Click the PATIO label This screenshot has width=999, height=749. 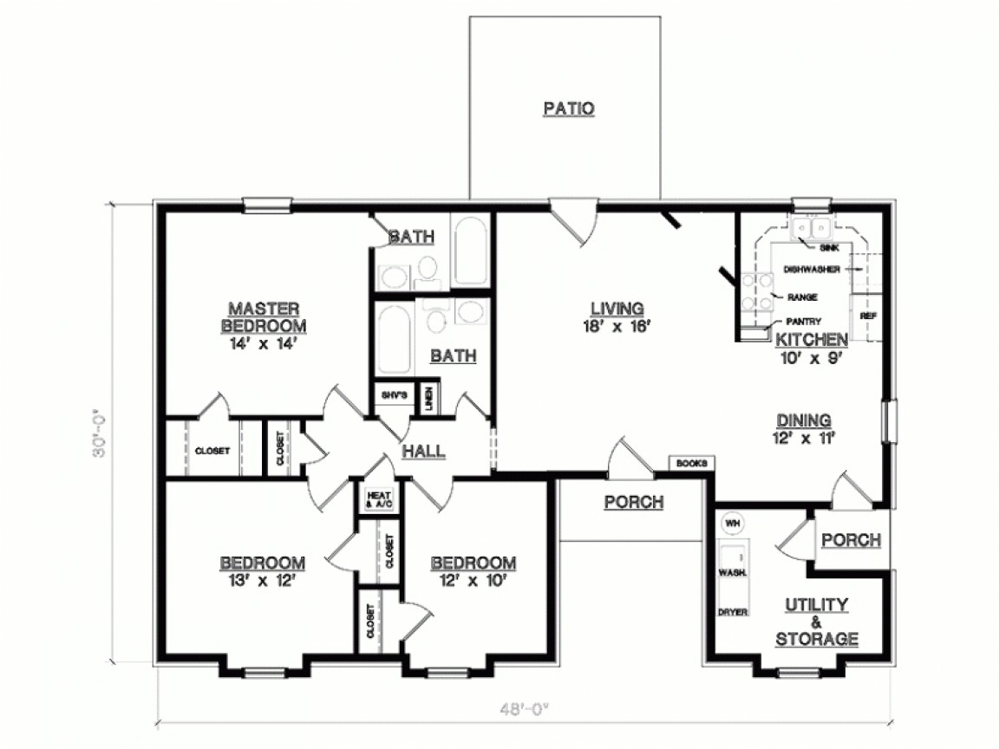(568, 108)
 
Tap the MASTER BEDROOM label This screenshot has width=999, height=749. (264, 317)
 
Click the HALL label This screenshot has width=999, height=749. (423, 451)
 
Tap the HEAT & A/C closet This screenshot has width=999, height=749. (379, 499)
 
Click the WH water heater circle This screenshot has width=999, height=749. (732, 523)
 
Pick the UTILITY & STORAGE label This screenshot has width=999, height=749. (816, 622)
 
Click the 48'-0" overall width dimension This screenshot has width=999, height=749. (523, 707)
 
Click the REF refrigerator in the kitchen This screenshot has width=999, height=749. (866, 316)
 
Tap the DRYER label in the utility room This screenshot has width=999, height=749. (732, 611)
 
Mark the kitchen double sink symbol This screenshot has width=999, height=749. (813, 228)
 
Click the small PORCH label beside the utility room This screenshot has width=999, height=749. (851, 540)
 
